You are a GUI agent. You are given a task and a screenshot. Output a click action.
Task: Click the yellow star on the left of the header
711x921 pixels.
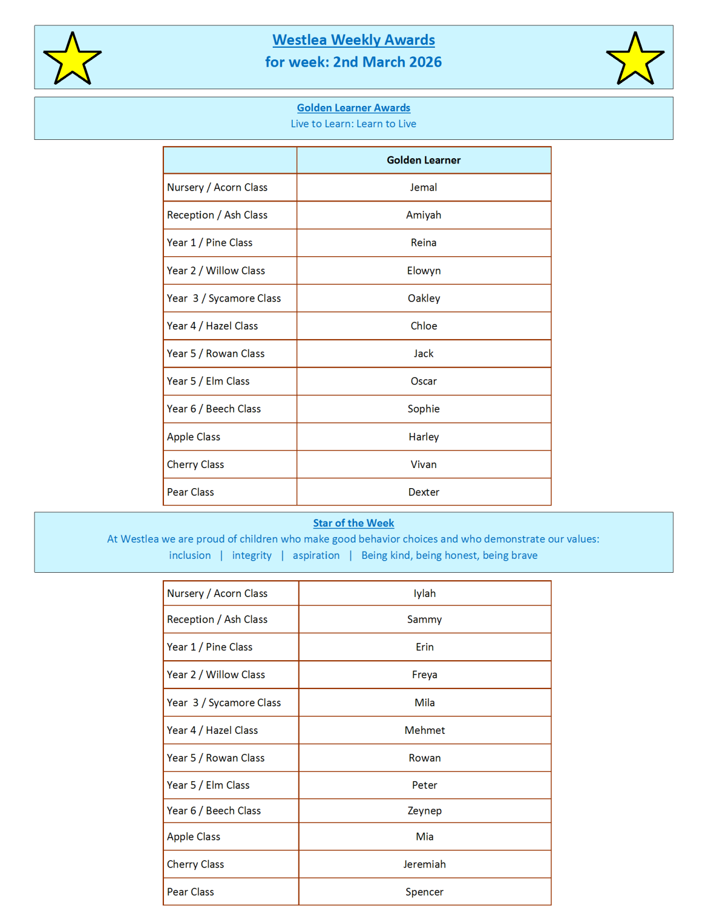(x=72, y=59)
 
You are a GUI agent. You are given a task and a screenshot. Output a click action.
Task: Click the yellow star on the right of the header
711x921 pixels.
(x=635, y=59)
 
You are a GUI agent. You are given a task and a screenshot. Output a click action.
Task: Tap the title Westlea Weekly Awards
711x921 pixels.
(x=353, y=40)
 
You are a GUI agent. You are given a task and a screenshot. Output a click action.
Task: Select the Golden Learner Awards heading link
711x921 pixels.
(x=353, y=108)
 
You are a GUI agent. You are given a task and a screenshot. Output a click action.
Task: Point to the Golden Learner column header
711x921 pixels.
(x=423, y=160)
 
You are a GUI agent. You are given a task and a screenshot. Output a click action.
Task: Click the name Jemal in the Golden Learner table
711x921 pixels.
(x=423, y=187)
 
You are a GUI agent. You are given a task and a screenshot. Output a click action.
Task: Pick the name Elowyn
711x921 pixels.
(x=423, y=271)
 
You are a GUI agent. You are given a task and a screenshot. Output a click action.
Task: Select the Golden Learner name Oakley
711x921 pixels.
(x=423, y=298)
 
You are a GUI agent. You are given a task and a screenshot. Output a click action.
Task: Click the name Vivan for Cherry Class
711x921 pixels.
(x=423, y=465)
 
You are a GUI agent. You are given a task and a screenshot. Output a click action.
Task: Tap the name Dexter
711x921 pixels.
(x=423, y=492)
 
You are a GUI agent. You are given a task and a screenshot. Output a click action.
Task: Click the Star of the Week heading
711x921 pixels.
(x=353, y=523)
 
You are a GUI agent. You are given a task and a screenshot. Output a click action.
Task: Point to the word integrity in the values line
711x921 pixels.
(x=251, y=555)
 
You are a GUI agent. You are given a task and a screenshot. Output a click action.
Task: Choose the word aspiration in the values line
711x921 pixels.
(x=316, y=555)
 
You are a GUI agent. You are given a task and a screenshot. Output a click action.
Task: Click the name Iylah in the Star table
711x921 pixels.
(x=425, y=593)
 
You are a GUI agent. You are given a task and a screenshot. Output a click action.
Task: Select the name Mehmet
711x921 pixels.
(x=425, y=730)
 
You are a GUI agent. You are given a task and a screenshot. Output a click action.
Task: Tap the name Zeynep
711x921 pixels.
(x=425, y=810)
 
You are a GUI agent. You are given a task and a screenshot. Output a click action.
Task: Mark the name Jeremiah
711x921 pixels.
(x=425, y=864)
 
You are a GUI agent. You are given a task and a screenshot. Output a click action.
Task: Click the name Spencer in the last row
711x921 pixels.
(x=425, y=892)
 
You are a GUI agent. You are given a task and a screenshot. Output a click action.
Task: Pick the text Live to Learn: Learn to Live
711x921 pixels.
(x=353, y=124)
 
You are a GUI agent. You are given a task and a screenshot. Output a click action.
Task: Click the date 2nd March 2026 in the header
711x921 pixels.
(x=387, y=62)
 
